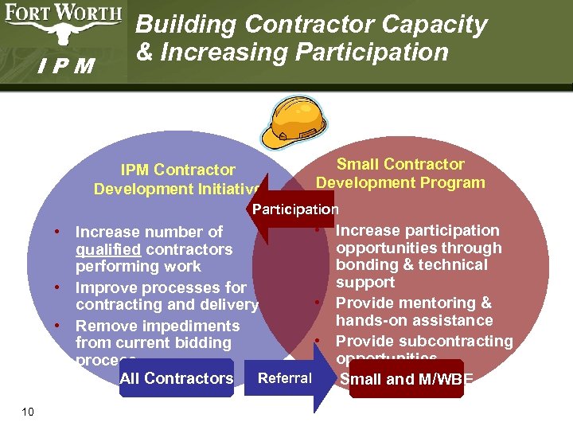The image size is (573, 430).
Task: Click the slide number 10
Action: click(28, 411)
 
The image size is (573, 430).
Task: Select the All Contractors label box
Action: click(176, 378)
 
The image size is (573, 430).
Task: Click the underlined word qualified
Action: click(107, 249)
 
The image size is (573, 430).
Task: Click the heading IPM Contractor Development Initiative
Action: click(177, 179)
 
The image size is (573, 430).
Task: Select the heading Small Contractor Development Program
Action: click(400, 174)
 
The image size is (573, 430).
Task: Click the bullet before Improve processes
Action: click(59, 287)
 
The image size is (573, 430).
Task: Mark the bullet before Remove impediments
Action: click(59, 325)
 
